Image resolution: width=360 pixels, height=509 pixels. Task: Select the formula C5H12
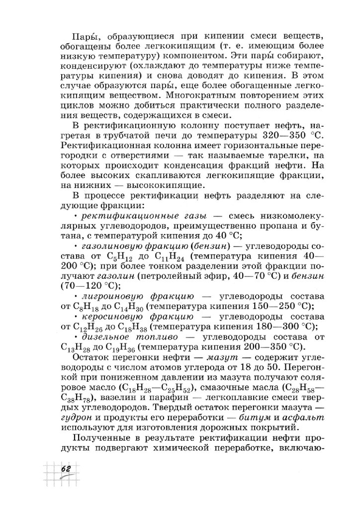coord(119,257)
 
